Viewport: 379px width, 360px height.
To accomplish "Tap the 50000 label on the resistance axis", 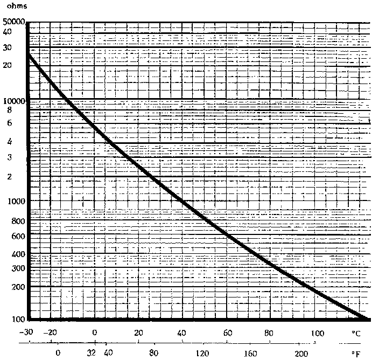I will [x=13, y=23].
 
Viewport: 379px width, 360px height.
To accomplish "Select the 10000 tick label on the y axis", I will [x=13, y=101].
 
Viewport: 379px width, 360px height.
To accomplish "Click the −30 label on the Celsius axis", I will [x=27, y=333].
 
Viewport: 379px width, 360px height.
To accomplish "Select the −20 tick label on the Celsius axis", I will [x=50, y=333].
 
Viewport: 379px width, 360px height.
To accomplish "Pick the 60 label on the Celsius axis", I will [x=228, y=333].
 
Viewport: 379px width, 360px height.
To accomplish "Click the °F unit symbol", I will [x=355, y=354].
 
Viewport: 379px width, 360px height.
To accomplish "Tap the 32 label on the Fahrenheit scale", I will [x=92, y=354].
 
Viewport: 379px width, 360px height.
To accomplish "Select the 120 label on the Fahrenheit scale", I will [x=202, y=354].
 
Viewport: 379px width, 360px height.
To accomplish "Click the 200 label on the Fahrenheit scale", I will [x=300, y=354].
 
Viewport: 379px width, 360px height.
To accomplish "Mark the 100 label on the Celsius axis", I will [x=317, y=333].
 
